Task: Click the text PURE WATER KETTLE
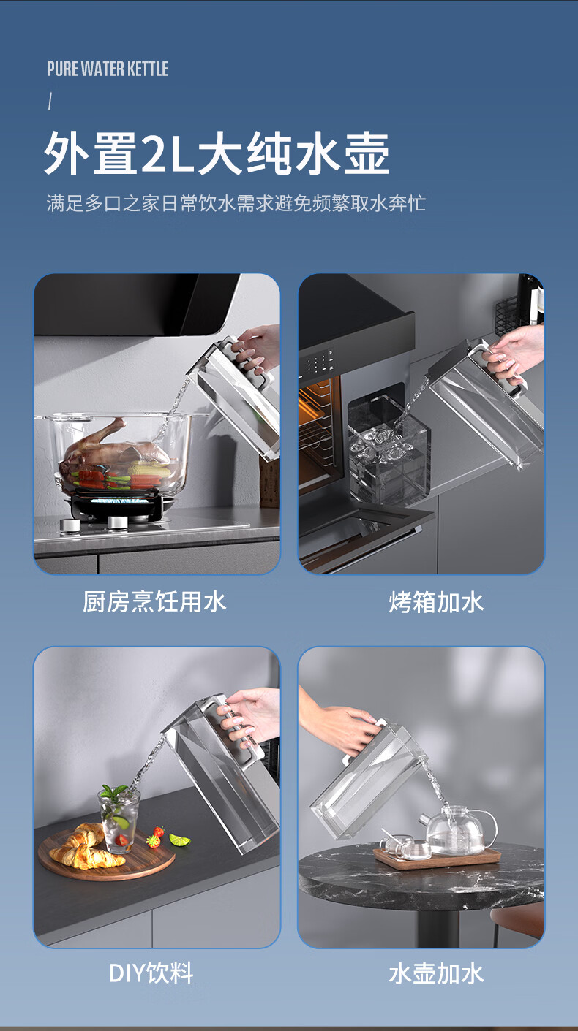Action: (x=108, y=69)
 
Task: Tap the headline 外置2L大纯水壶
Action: (x=217, y=153)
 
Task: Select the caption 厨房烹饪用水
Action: (x=154, y=601)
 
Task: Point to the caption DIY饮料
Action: (x=151, y=973)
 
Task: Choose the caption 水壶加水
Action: (x=436, y=973)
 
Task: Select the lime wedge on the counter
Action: (x=180, y=840)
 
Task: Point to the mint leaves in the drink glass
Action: (x=114, y=791)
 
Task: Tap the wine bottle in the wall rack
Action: (x=530, y=299)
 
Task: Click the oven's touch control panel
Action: (x=319, y=362)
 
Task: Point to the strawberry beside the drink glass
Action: (x=159, y=832)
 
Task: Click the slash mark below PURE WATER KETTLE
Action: (x=50, y=102)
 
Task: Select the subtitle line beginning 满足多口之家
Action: (x=236, y=203)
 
